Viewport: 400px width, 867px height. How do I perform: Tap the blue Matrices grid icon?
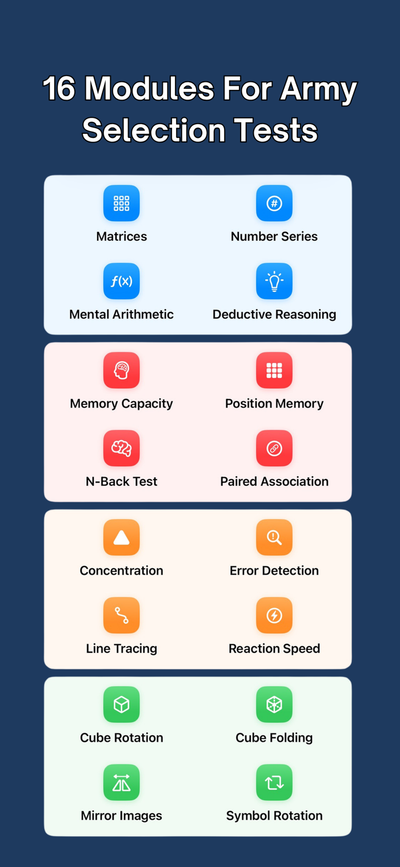click(x=121, y=203)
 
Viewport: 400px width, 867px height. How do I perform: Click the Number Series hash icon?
click(x=274, y=203)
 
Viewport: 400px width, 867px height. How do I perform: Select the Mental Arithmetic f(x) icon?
click(x=121, y=281)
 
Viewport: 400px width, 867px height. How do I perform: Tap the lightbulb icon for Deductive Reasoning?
click(x=274, y=281)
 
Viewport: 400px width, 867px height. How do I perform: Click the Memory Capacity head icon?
click(x=121, y=370)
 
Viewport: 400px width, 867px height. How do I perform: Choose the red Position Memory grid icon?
click(x=274, y=370)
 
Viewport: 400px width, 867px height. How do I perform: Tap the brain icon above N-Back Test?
click(x=121, y=448)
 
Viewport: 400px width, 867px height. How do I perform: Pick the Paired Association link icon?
click(x=274, y=448)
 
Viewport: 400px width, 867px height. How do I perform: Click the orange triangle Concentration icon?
click(x=121, y=537)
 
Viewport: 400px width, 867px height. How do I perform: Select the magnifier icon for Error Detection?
click(x=274, y=537)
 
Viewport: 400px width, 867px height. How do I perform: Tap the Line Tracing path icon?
click(x=121, y=615)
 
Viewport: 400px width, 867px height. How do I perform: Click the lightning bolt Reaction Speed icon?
click(x=274, y=615)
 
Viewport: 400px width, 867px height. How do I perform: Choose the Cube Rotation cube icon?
click(x=121, y=704)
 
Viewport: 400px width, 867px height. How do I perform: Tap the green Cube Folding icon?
click(x=274, y=704)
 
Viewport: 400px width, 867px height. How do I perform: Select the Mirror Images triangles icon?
click(x=121, y=782)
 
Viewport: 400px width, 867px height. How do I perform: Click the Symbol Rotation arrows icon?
click(x=274, y=782)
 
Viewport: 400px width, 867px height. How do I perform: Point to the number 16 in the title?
click(x=59, y=89)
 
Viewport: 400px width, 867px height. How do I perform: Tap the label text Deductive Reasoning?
click(x=274, y=314)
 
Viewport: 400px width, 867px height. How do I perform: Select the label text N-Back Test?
click(x=121, y=481)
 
